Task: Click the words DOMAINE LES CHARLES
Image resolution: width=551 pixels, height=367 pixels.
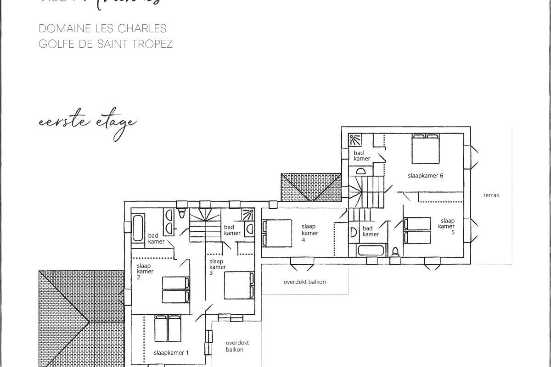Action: pos(102,28)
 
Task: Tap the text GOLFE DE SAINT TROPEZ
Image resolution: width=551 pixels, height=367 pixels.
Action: pos(106,44)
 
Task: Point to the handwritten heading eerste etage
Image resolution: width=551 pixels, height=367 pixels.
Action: pos(87,122)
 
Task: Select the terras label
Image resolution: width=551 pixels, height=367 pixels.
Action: pos(491,195)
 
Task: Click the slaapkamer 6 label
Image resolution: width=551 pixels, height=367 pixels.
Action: pos(425,175)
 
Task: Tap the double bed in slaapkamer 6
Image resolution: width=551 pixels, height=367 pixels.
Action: pos(425,148)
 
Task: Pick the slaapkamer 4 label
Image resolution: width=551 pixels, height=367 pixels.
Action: pos(309,233)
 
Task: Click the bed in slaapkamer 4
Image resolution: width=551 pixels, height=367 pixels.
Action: pos(277,233)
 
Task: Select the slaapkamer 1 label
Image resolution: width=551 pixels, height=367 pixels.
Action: pos(171,352)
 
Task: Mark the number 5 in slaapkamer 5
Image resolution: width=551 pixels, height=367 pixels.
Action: pos(453,233)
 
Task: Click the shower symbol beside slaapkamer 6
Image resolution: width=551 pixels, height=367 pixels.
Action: pos(355,139)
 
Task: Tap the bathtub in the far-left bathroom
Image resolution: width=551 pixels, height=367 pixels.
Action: pos(137,228)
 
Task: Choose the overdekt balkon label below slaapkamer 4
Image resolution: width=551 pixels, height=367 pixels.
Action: pos(304,282)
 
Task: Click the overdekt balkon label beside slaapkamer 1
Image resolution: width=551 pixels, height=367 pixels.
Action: pos(234,346)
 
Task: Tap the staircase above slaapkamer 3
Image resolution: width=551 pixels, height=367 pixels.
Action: pos(205,225)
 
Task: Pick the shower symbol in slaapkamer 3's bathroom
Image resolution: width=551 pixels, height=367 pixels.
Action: pos(248,214)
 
